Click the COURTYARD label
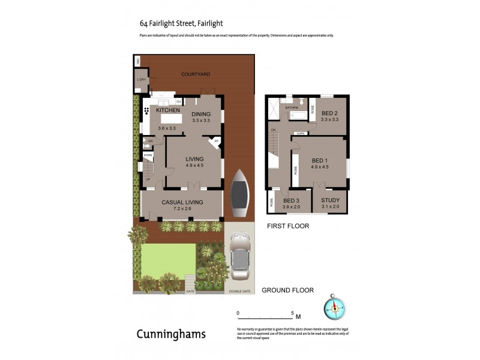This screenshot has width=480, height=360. click(x=196, y=74)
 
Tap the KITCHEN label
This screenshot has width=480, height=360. click(x=168, y=110)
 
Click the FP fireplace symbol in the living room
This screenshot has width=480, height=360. click(x=216, y=142)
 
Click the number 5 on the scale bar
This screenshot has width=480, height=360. click(x=292, y=313)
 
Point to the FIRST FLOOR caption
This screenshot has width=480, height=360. click(x=288, y=226)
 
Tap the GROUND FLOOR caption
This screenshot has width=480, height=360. click(x=287, y=290)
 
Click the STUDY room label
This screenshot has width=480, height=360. click(x=330, y=200)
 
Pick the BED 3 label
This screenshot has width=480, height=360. click(x=292, y=200)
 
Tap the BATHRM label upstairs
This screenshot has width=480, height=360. click(x=292, y=107)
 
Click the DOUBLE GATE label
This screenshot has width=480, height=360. click(x=238, y=292)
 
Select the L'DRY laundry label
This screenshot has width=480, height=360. click(x=142, y=80)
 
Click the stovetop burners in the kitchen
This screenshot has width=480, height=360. click(x=147, y=112)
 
